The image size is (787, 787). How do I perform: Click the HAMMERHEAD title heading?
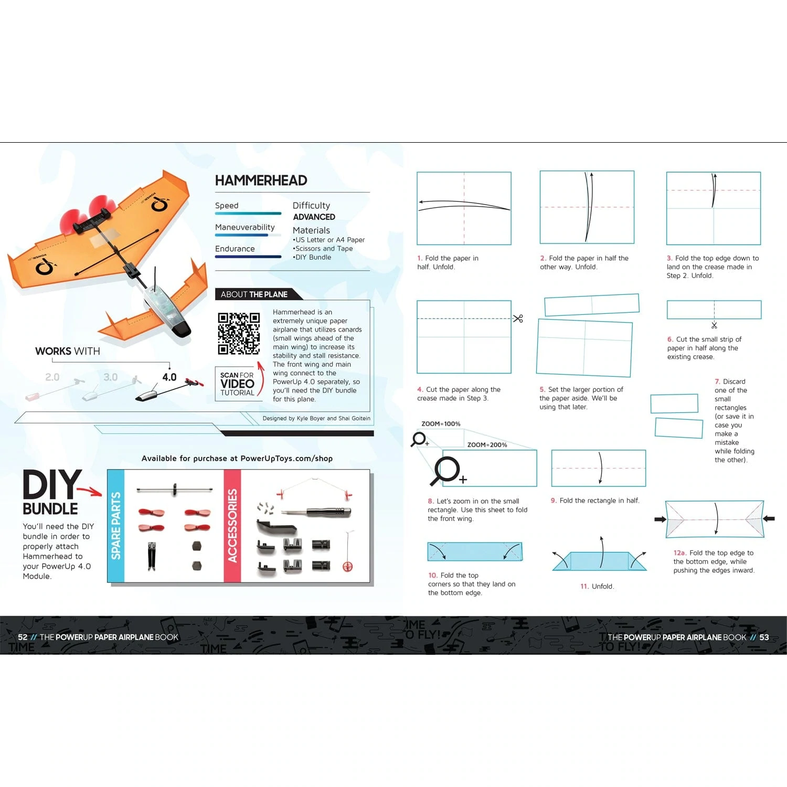click(x=261, y=180)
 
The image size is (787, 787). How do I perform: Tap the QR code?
click(x=239, y=333)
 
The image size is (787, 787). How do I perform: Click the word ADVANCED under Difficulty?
click(x=314, y=217)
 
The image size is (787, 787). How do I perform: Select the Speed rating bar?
click(x=248, y=214)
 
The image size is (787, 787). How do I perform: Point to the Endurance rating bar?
click(x=248, y=257)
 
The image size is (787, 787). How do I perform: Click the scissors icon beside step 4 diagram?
click(x=518, y=318)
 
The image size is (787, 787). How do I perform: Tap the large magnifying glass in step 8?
click(x=446, y=470)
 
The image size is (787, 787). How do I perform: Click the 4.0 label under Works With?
click(x=169, y=377)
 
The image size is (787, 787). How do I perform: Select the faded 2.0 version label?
click(x=52, y=377)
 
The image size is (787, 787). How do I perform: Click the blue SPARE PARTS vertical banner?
click(x=116, y=526)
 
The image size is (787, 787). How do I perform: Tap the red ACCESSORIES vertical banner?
click(x=232, y=526)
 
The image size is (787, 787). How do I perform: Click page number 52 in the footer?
click(x=23, y=637)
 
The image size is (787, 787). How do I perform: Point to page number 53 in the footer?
click(x=764, y=637)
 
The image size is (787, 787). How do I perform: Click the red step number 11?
click(x=584, y=587)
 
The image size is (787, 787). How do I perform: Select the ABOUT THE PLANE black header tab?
click(x=254, y=294)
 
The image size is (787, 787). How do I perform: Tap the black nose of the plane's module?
click(x=182, y=329)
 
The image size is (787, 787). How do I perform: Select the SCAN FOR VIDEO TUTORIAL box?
click(x=237, y=384)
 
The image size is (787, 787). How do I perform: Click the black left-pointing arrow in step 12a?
click(x=769, y=519)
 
